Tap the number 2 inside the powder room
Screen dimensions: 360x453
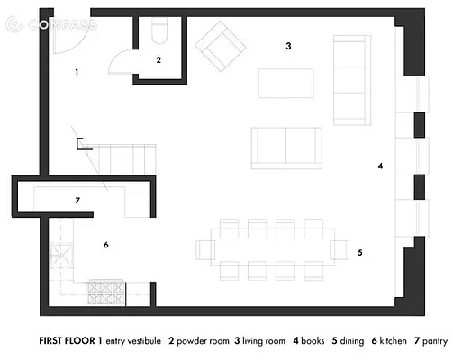[x=158, y=60]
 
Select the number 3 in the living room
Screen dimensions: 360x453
[x=288, y=45]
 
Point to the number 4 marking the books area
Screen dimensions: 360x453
[x=381, y=166]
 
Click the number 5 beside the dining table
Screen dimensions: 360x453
[x=359, y=253]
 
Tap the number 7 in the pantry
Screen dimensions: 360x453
[x=78, y=200]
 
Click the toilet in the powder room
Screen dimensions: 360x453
[x=159, y=33]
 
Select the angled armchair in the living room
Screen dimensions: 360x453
[x=221, y=47]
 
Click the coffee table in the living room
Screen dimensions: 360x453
[x=286, y=83]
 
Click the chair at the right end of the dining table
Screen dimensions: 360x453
[x=340, y=248]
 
